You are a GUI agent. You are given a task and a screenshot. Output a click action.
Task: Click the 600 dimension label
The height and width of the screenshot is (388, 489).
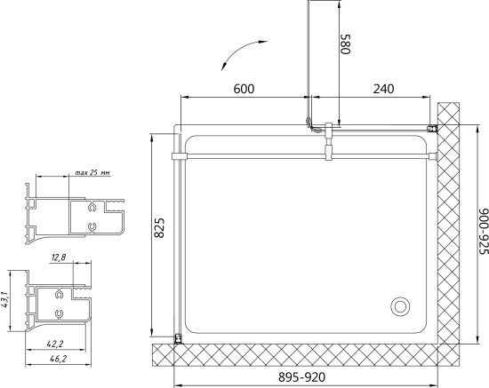tap(244, 89)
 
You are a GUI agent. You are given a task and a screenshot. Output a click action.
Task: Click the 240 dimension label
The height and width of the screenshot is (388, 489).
tap(383, 89)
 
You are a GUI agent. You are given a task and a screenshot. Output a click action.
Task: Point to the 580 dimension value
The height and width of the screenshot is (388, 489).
tap(346, 44)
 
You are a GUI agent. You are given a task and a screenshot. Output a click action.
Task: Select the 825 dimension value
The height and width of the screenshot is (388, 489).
tap(159, 227)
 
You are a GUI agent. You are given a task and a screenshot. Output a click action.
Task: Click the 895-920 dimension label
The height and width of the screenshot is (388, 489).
tap(302, 377)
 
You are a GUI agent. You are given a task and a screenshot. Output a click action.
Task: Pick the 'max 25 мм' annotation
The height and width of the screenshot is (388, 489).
tap(92, 172)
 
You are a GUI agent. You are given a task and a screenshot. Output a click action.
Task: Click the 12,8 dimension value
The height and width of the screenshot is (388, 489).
tap(59, 257)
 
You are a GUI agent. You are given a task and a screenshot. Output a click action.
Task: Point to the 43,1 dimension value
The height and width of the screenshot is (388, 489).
tap(4, 300)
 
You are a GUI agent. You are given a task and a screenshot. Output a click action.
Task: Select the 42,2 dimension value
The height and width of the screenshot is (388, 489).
tap(55, 344)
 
